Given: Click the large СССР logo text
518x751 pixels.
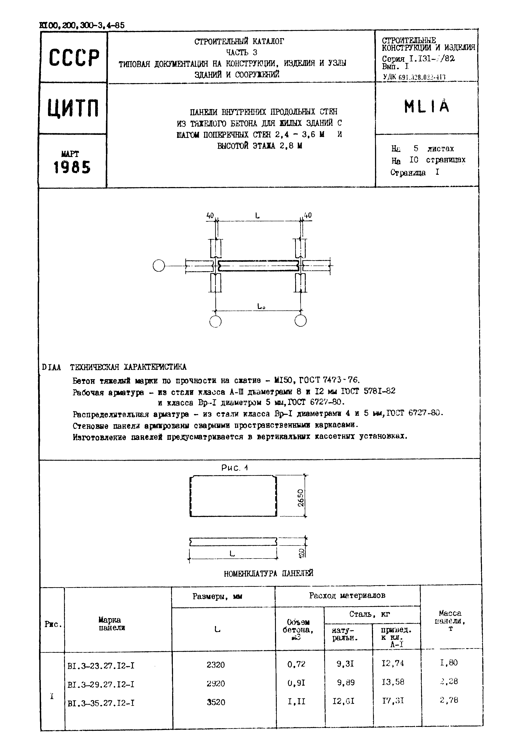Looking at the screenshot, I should tap(74, 58).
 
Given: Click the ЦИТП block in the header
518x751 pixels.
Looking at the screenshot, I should tap(73, 108).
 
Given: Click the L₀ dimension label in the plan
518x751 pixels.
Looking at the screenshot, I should tap(261, 306).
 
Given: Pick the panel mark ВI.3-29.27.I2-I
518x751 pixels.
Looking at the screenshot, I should tap(101, 685).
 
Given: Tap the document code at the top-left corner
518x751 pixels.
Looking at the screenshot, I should tap(82, 26).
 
